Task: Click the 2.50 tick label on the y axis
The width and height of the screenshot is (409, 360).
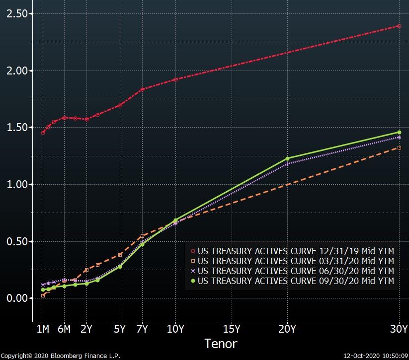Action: click(x=17, y=13)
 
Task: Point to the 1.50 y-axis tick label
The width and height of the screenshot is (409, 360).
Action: click(x=17, y=128)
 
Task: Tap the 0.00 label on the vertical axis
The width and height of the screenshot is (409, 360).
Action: click(x=17, y=298)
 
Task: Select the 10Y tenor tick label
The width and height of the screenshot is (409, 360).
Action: click(x=175, y=329)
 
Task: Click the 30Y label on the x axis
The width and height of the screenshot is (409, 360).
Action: click(x=399, y=329)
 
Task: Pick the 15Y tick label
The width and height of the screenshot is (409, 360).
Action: click(x=232, y=329)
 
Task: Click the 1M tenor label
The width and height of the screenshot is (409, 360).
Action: click(x=43, y=329)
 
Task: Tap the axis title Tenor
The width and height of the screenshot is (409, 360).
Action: click(x=221, y=344)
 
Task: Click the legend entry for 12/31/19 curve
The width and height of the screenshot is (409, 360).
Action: click(x=292, y=251)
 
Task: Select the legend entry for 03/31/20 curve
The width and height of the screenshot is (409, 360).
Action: click(x=292, y=261)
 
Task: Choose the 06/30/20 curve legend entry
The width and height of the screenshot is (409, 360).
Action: click(x=292, y=271)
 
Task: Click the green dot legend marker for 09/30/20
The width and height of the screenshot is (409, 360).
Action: click(x=193, y=281)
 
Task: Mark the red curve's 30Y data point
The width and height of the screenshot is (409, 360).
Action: click(x=399, y=26)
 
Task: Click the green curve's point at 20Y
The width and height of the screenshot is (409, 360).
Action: click(x=287, y=158)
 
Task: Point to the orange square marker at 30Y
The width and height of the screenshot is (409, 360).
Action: click(x=399, y=148)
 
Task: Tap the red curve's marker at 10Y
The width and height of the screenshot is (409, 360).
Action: click(x=175, y=79)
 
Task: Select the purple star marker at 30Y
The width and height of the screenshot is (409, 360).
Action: click(x=399, y=138)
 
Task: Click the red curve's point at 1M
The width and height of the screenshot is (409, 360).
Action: click(x=43, y=133)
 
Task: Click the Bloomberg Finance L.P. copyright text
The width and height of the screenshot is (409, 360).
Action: click(x=61, y=356)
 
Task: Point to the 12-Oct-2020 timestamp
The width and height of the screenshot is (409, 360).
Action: click(x=376, y=356)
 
